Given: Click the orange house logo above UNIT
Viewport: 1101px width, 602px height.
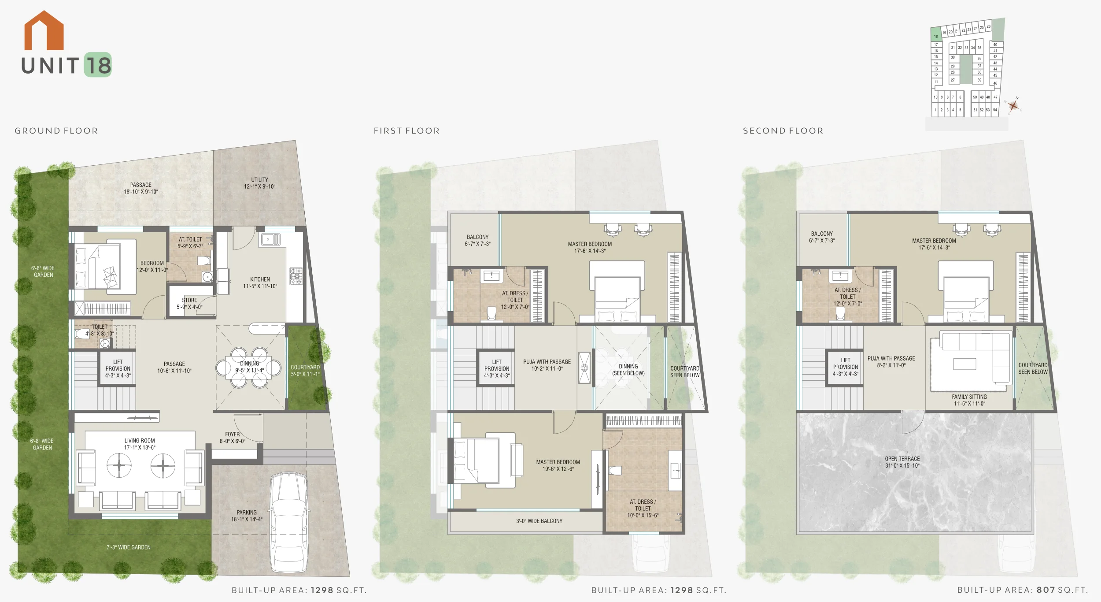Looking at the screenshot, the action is [x=44, y=30].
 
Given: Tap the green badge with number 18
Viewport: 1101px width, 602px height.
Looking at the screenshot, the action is [x=98, y=65].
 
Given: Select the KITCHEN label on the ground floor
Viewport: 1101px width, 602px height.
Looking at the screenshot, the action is [x=260, y=279].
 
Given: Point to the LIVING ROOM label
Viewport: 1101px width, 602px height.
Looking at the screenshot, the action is [x=140, y=441].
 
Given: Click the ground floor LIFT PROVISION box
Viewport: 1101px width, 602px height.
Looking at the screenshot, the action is [x=118, y=368].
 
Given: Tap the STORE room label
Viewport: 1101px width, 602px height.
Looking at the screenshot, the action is [x=190, y=300].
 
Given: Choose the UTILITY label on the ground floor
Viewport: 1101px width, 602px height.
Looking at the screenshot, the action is [x=260, y=180].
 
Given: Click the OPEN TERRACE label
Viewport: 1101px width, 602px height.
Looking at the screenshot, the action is [x=902, y=459].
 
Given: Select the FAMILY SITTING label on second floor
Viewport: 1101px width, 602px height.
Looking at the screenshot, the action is [x=969, y=397].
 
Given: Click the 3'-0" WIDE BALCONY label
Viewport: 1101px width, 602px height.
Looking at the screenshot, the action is [x=539, y=521].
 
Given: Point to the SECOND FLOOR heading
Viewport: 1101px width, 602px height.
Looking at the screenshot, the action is [x=783, y=131].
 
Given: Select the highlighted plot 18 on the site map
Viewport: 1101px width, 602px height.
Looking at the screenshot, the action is [x=936, y=35].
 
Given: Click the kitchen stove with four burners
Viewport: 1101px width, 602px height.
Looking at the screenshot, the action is [x=296, y=276].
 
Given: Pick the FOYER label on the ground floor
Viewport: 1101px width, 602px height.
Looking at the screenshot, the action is [x=233, y=434].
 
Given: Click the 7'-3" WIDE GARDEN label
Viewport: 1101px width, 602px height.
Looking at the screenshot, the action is [x=129, y=547].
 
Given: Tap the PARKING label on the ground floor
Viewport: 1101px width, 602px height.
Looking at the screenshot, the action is [x=247, y=513].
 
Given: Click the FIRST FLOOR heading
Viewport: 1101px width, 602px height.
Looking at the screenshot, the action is [x=406, y=131].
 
